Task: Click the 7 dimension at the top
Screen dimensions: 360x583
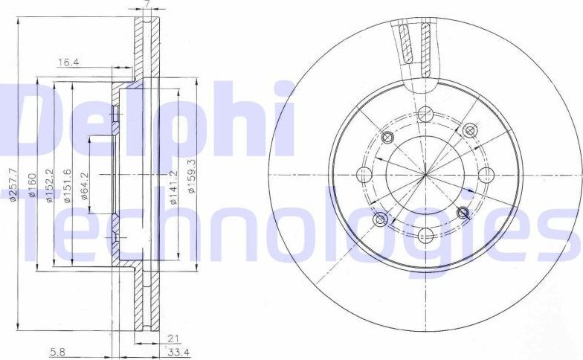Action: tap(148, 4)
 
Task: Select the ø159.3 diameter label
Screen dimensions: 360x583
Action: tap(192, 177)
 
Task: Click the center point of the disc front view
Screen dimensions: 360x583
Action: tap(425, 175)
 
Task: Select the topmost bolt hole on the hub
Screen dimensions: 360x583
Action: tap(425, 114)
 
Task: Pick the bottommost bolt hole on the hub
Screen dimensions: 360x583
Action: tap(425, 236)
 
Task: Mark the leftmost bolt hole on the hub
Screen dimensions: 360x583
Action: tap(364, 175)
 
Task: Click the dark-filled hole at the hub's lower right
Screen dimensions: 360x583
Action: tap(464, 213)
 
